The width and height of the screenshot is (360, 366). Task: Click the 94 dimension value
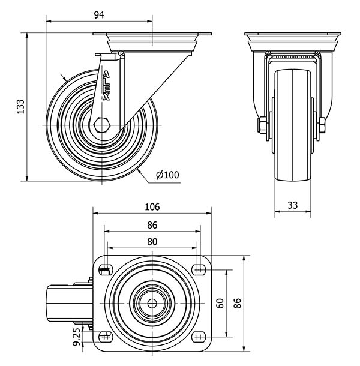pos(99,15)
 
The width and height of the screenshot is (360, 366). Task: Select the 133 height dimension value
pos(20,107)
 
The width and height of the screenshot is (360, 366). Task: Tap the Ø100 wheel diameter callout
pos(167,175)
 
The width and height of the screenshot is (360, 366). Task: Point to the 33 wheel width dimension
pos(293,205)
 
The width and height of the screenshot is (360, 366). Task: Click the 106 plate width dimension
pos(152,207)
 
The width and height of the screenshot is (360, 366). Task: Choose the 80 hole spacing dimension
pos(152,242)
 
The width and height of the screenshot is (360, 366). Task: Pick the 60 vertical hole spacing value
pos(220,304)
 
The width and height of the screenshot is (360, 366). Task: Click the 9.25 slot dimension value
pos(77,336)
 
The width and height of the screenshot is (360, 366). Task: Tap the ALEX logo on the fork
pos(106,86)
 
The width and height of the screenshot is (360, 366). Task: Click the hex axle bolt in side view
pos(102,125)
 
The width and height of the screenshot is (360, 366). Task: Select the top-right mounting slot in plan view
pos(199,270)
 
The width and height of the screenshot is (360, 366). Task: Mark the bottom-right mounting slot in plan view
pos(199,337)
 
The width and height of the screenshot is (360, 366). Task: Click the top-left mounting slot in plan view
pos(106,270)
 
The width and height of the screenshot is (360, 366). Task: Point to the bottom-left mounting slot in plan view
pos(106,337)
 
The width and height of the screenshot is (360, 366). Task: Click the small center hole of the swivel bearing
pos(152,304)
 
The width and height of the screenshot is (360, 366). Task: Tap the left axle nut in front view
pos(262,125)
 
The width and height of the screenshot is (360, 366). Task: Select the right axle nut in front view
pos(322,125)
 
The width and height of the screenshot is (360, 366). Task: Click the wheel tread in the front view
pos(293,125)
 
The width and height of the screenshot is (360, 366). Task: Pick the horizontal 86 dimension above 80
pos(152,225)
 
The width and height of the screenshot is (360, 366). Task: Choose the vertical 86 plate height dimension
pos(238,304)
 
